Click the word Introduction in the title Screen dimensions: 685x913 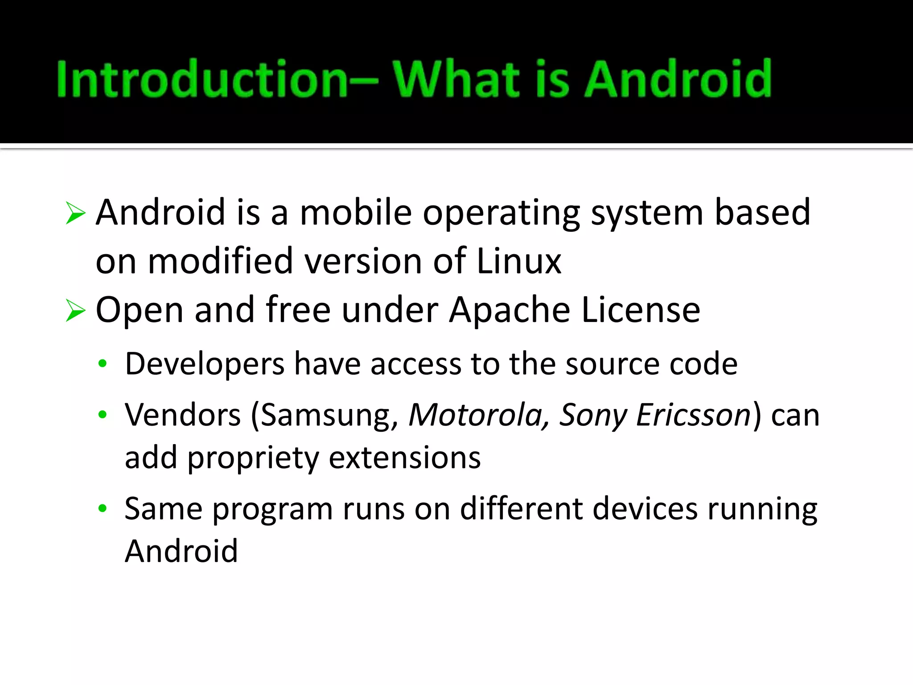pyautogui.click(x=202, y=79)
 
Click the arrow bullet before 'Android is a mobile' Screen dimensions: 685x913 pyautogui.click(x=75, y=213)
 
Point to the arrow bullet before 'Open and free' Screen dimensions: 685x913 pyautogui.click(x=75, y=310)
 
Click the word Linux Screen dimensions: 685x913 pyautogui.click(x=518, y=261)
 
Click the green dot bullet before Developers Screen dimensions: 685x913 pyautogui.click(x=103, y=364)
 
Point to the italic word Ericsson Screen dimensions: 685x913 pyautogui.click(x=694, y=415)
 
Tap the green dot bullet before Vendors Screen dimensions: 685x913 pyautogui.click(x=103, y=415)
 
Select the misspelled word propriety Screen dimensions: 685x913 pyautogui.click(x=253, y=458)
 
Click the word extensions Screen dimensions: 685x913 pyautogui.click(x=405, y=458)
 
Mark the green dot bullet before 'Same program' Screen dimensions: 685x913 pyautogui.click(x=103, y=508)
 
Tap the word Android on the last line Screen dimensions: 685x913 pyautogui.click(x=181, y=551)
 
